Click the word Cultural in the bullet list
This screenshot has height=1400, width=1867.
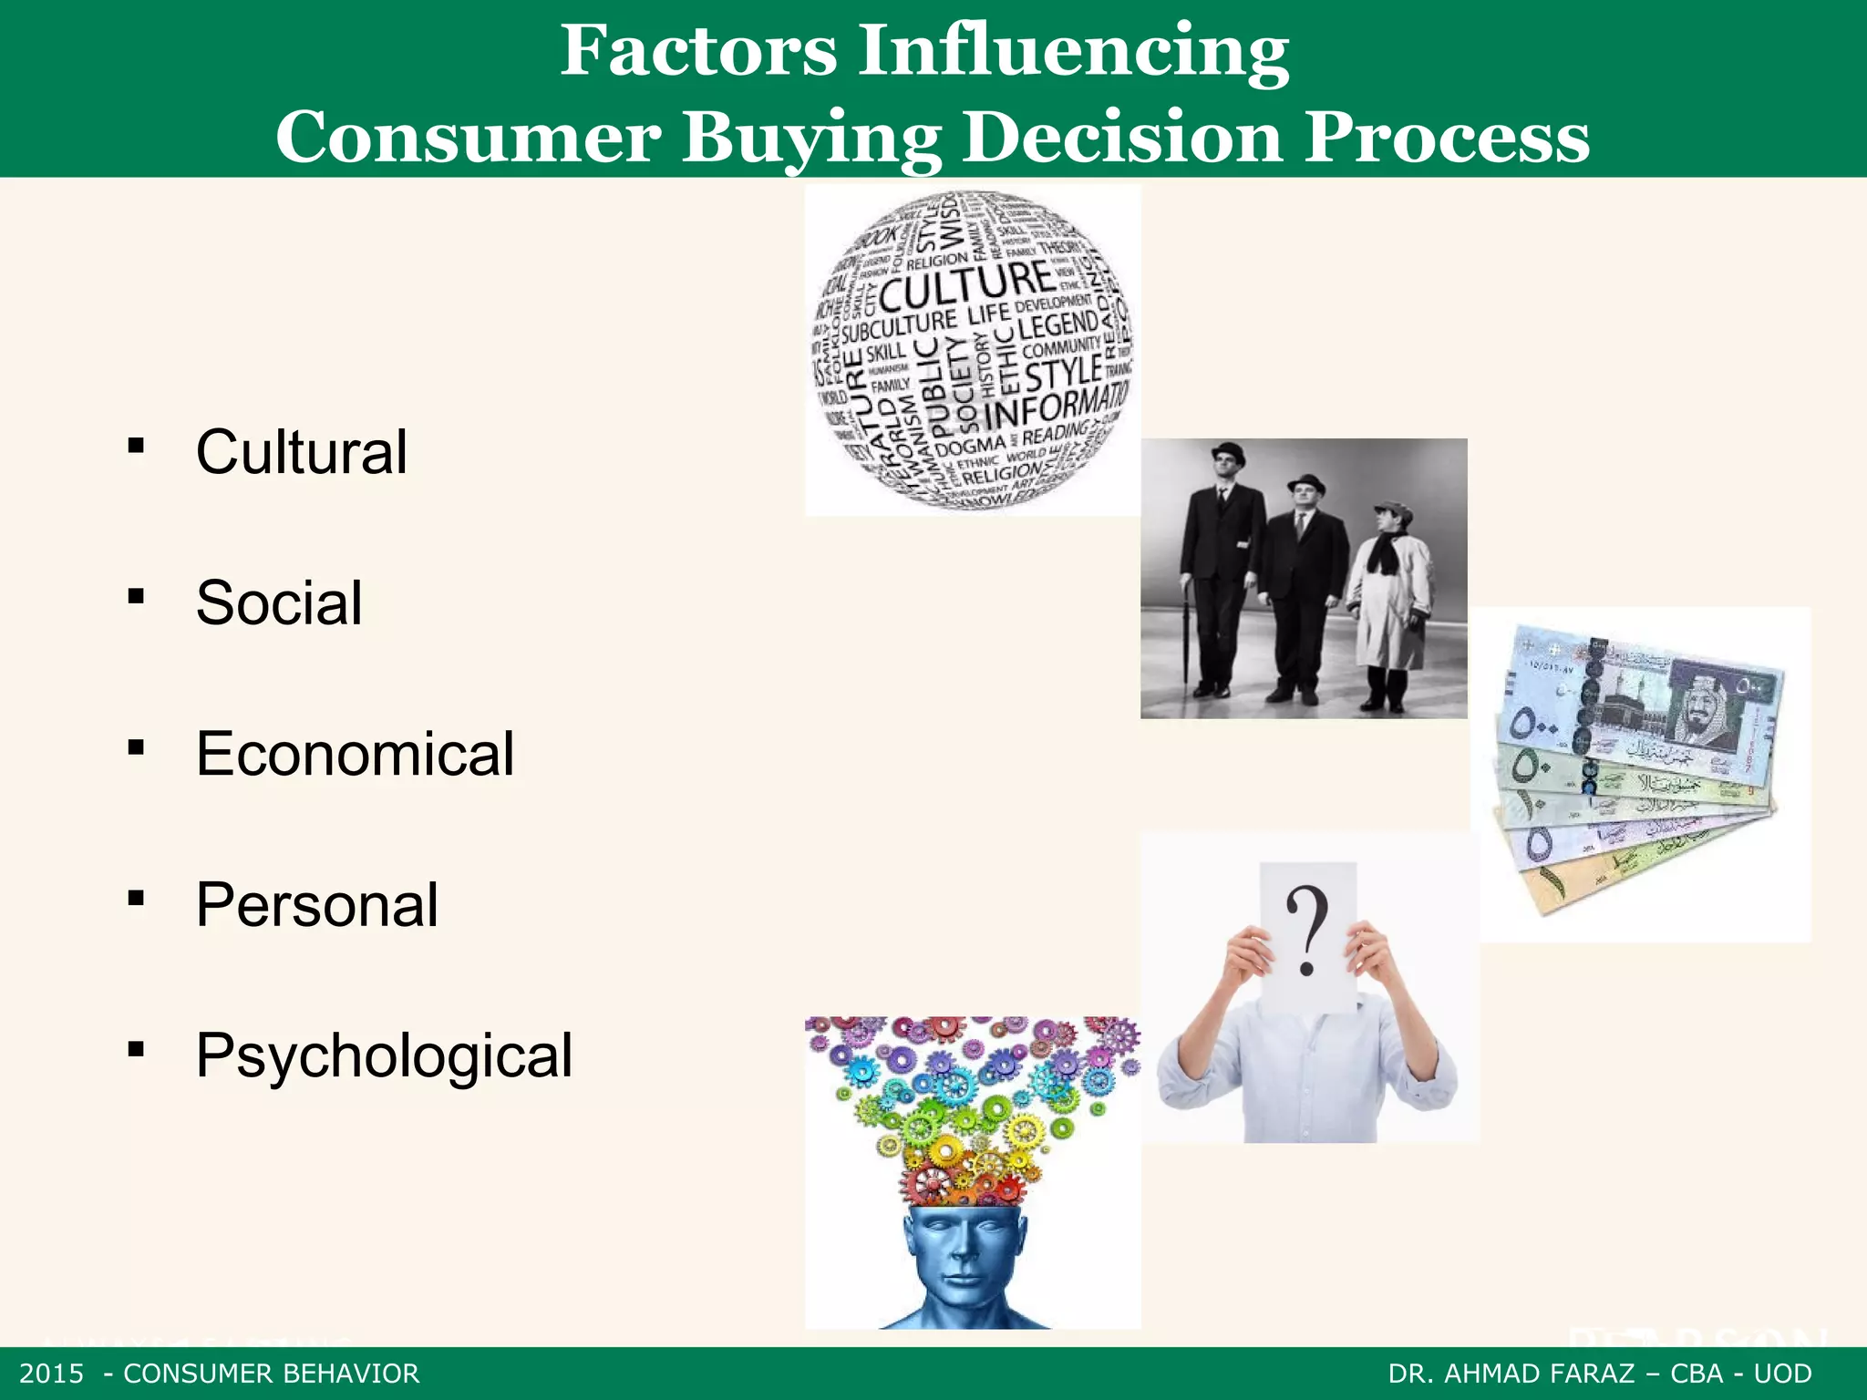tap(301, 452)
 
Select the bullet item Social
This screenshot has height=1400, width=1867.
tap(279, 603)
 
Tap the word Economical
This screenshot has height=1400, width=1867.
tap(355, 755)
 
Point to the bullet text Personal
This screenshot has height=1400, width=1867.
tap(317, 905)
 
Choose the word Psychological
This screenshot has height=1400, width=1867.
tap(384, 1055)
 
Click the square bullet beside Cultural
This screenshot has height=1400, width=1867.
tap(137, 447)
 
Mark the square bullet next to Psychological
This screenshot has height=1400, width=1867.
tap(137, 1050)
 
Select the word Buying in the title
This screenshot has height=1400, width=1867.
tap(811, 137)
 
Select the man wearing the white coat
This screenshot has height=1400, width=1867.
tap(1387, 602)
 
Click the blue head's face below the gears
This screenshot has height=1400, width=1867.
tap(968, 1258)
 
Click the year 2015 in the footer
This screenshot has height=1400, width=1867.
tap(51, 1374)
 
